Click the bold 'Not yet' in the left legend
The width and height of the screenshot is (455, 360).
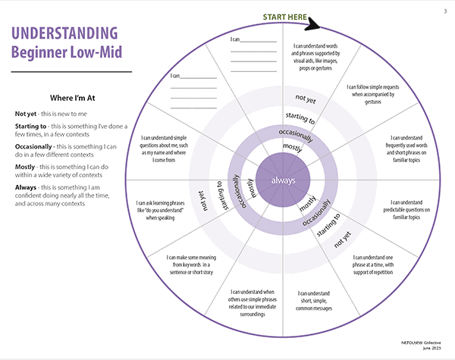(27, 114)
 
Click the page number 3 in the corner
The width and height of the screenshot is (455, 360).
(444, 11)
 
